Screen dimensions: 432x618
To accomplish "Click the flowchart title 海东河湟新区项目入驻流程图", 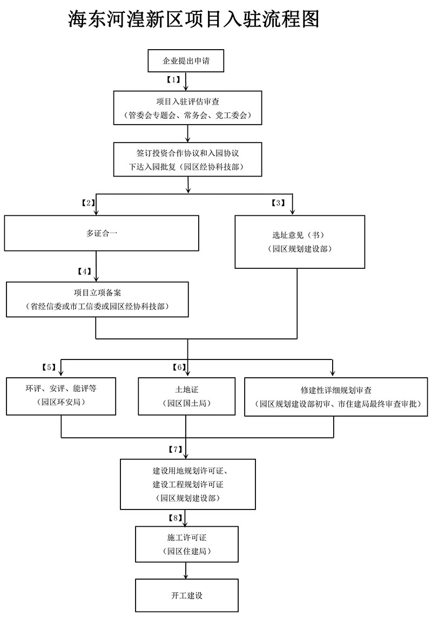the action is (x=193, y=19).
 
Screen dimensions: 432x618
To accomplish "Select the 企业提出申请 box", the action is (x=186, y=60).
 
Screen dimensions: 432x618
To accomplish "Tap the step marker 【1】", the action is (x=173, y=80).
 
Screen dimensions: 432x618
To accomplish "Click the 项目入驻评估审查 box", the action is (x=187, y=108).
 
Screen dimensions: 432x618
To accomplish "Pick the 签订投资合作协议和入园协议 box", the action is (x=187, y=159).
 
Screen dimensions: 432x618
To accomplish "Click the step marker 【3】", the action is (x=278, y=203).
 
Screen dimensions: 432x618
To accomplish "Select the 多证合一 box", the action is (x=102, y=233).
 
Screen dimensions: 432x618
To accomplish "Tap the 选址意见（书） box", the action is (x=300, y=242).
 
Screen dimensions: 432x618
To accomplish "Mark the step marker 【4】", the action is (x=84, y=271).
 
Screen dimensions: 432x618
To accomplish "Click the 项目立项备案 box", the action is (x=97, y=299).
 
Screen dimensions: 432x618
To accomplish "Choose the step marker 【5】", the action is (x=49, y=368).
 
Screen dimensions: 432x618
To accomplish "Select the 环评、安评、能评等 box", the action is (x=60, y=396).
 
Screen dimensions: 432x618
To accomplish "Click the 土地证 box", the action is (x=186, y=396).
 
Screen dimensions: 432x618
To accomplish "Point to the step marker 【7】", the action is (x=175, y=449).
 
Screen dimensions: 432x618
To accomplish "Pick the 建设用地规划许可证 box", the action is (x=187, y=484).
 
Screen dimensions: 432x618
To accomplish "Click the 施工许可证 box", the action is (x=186, y=544).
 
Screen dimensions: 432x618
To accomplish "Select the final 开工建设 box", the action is (x=186, y=595).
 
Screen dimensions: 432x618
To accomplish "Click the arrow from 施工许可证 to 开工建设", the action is (x=186, y=571).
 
